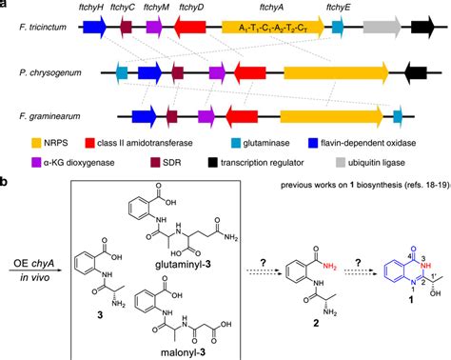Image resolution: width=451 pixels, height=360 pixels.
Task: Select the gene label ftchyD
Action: click(192, 9)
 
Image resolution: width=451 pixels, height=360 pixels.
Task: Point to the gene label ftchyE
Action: click(338, 9)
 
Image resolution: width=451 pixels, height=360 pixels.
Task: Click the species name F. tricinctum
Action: click(41, 30)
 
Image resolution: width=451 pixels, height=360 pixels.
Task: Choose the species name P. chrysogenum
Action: click(49, 72)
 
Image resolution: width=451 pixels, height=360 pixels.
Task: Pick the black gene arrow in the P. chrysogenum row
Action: click(415, 72)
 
